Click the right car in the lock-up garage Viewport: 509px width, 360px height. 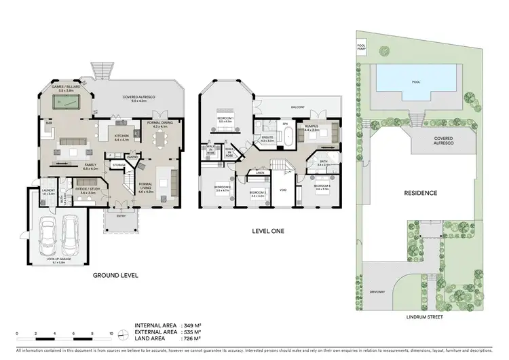71,234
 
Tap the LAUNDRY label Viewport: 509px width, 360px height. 48,191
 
